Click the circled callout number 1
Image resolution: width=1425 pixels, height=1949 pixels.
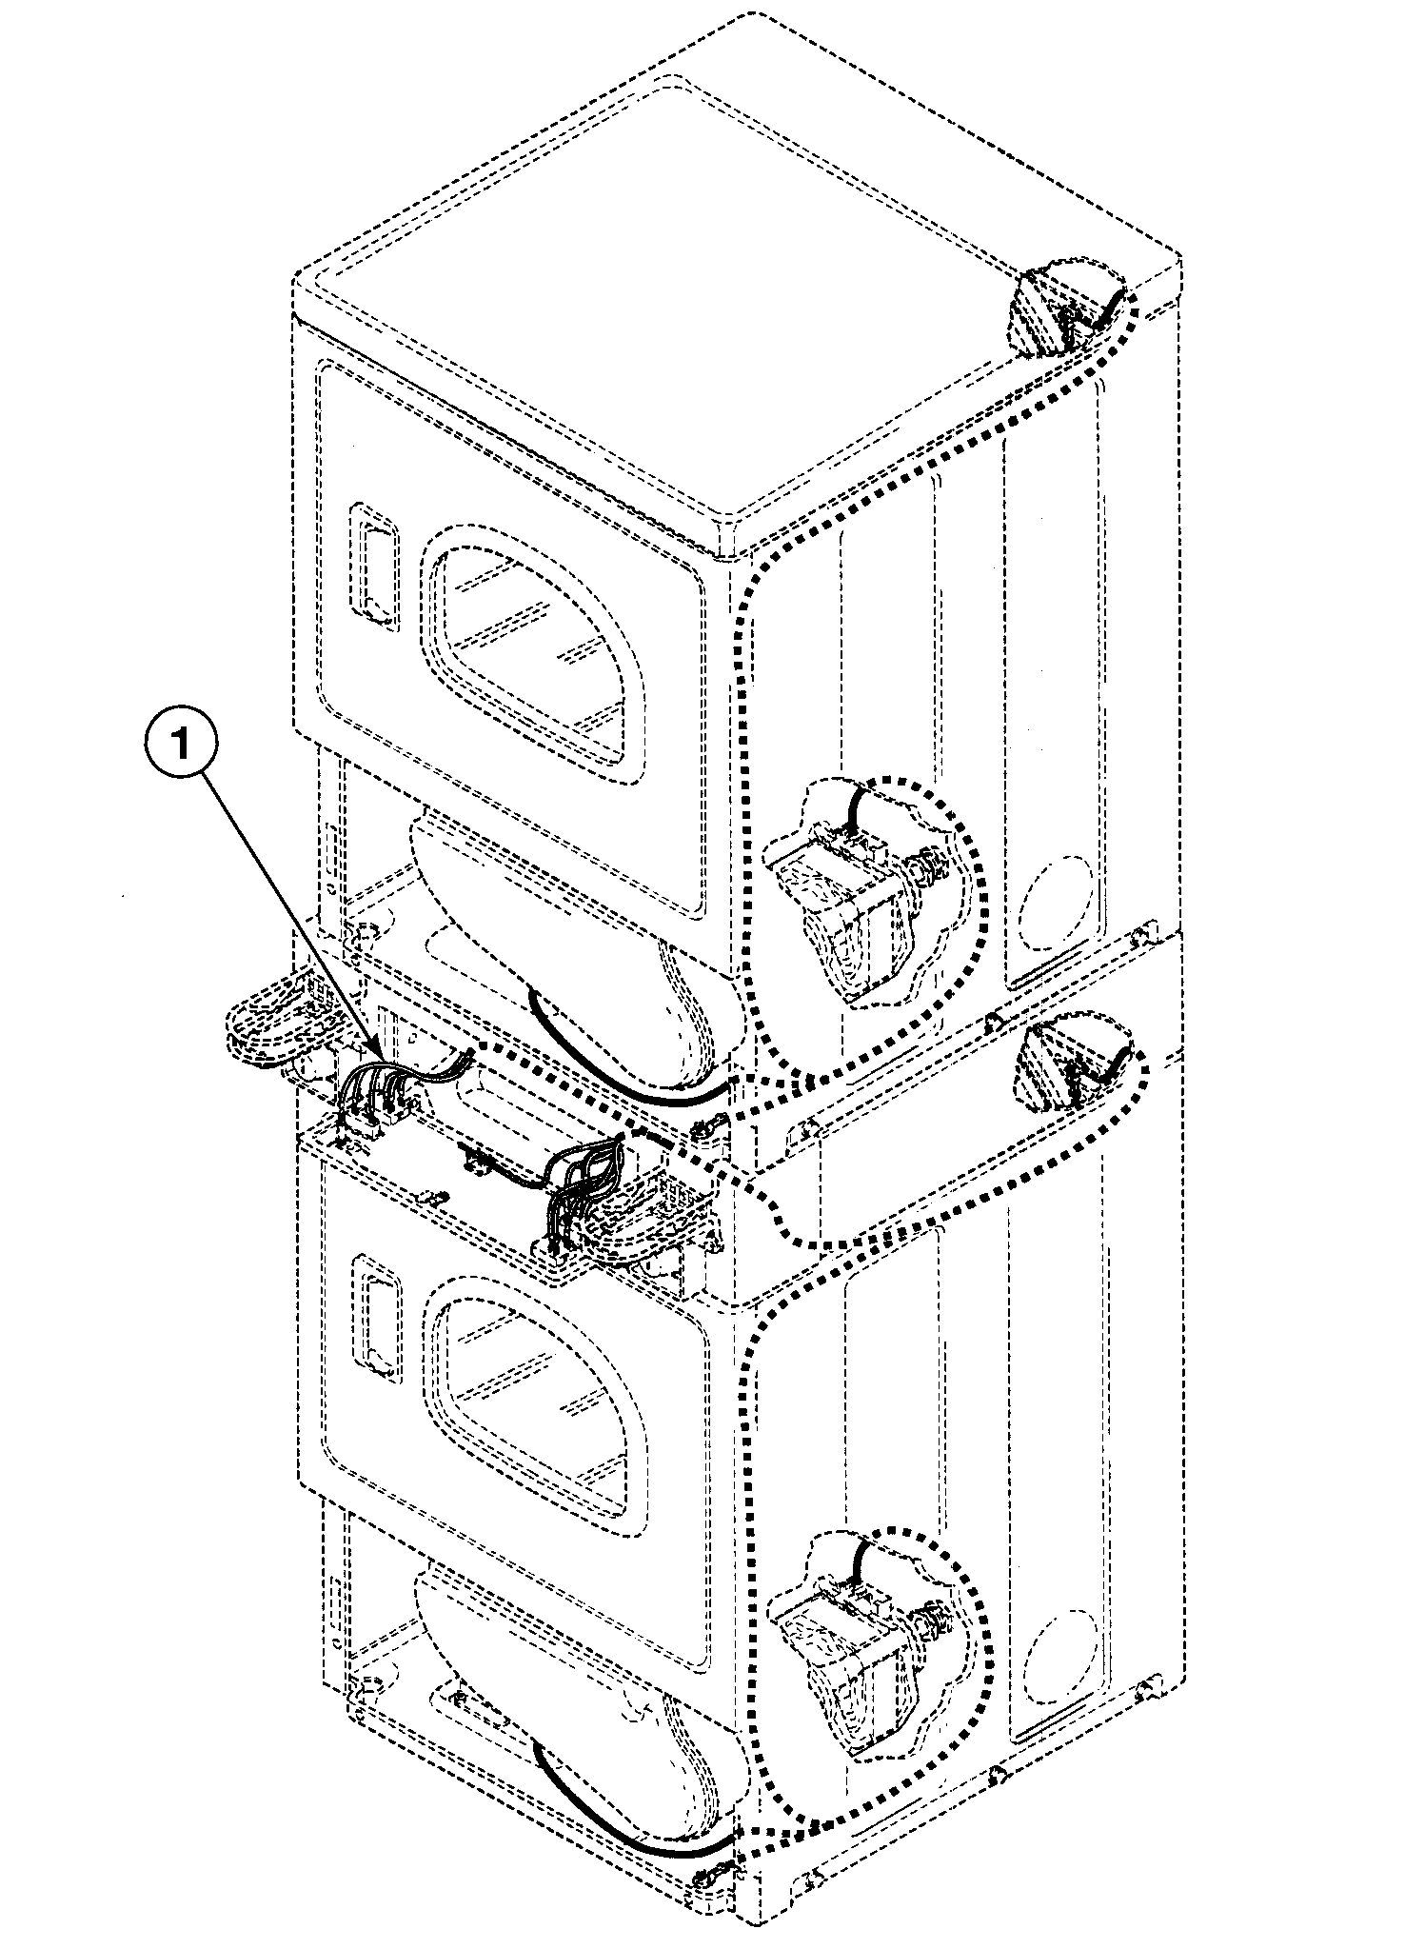click(181, 746)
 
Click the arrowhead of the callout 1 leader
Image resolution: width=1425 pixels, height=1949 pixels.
click(380, 1060)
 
